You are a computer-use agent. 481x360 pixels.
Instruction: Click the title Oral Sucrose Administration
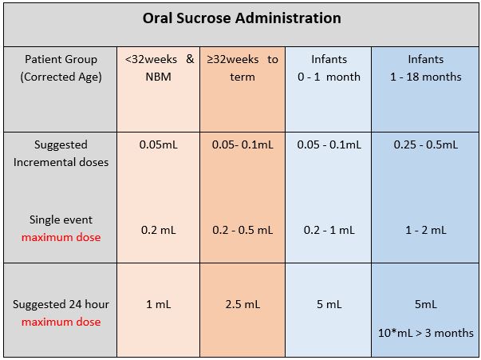coord(242,18)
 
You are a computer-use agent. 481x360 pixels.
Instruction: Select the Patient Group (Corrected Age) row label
coord(61,68)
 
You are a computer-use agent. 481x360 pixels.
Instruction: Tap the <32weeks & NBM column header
coord(158,68)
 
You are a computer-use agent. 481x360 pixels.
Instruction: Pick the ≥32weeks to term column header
coord(242,68)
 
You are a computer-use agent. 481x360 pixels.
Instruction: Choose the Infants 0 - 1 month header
coord(329,68)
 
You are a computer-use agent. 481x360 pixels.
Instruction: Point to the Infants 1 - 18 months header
coord(425,68)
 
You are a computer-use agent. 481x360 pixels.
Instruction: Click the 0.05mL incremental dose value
coord(158,144)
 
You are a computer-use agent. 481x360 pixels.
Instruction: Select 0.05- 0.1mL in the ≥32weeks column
coord(242,144)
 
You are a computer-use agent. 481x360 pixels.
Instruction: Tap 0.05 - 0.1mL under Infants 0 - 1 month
coord(329,144)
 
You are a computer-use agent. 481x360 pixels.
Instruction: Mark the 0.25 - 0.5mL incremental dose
coord(425,144)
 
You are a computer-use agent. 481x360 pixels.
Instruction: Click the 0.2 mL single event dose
coord(158,230)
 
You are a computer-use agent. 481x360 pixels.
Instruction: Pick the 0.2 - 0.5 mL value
coord(242,230)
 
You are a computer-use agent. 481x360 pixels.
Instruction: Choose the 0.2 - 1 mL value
coord(329,230)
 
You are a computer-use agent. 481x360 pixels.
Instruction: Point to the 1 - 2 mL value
coord(425,230)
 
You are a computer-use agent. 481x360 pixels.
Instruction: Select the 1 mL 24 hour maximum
coord(158,304)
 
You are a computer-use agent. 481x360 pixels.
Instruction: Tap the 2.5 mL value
coord(242,304)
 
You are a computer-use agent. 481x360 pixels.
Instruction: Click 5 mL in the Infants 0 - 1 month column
coord(329,304)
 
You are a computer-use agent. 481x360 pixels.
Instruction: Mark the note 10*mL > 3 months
coord(425,333)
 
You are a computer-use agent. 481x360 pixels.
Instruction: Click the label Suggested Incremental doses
coord(61,153)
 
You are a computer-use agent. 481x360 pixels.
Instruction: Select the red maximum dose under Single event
coord(61,237)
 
